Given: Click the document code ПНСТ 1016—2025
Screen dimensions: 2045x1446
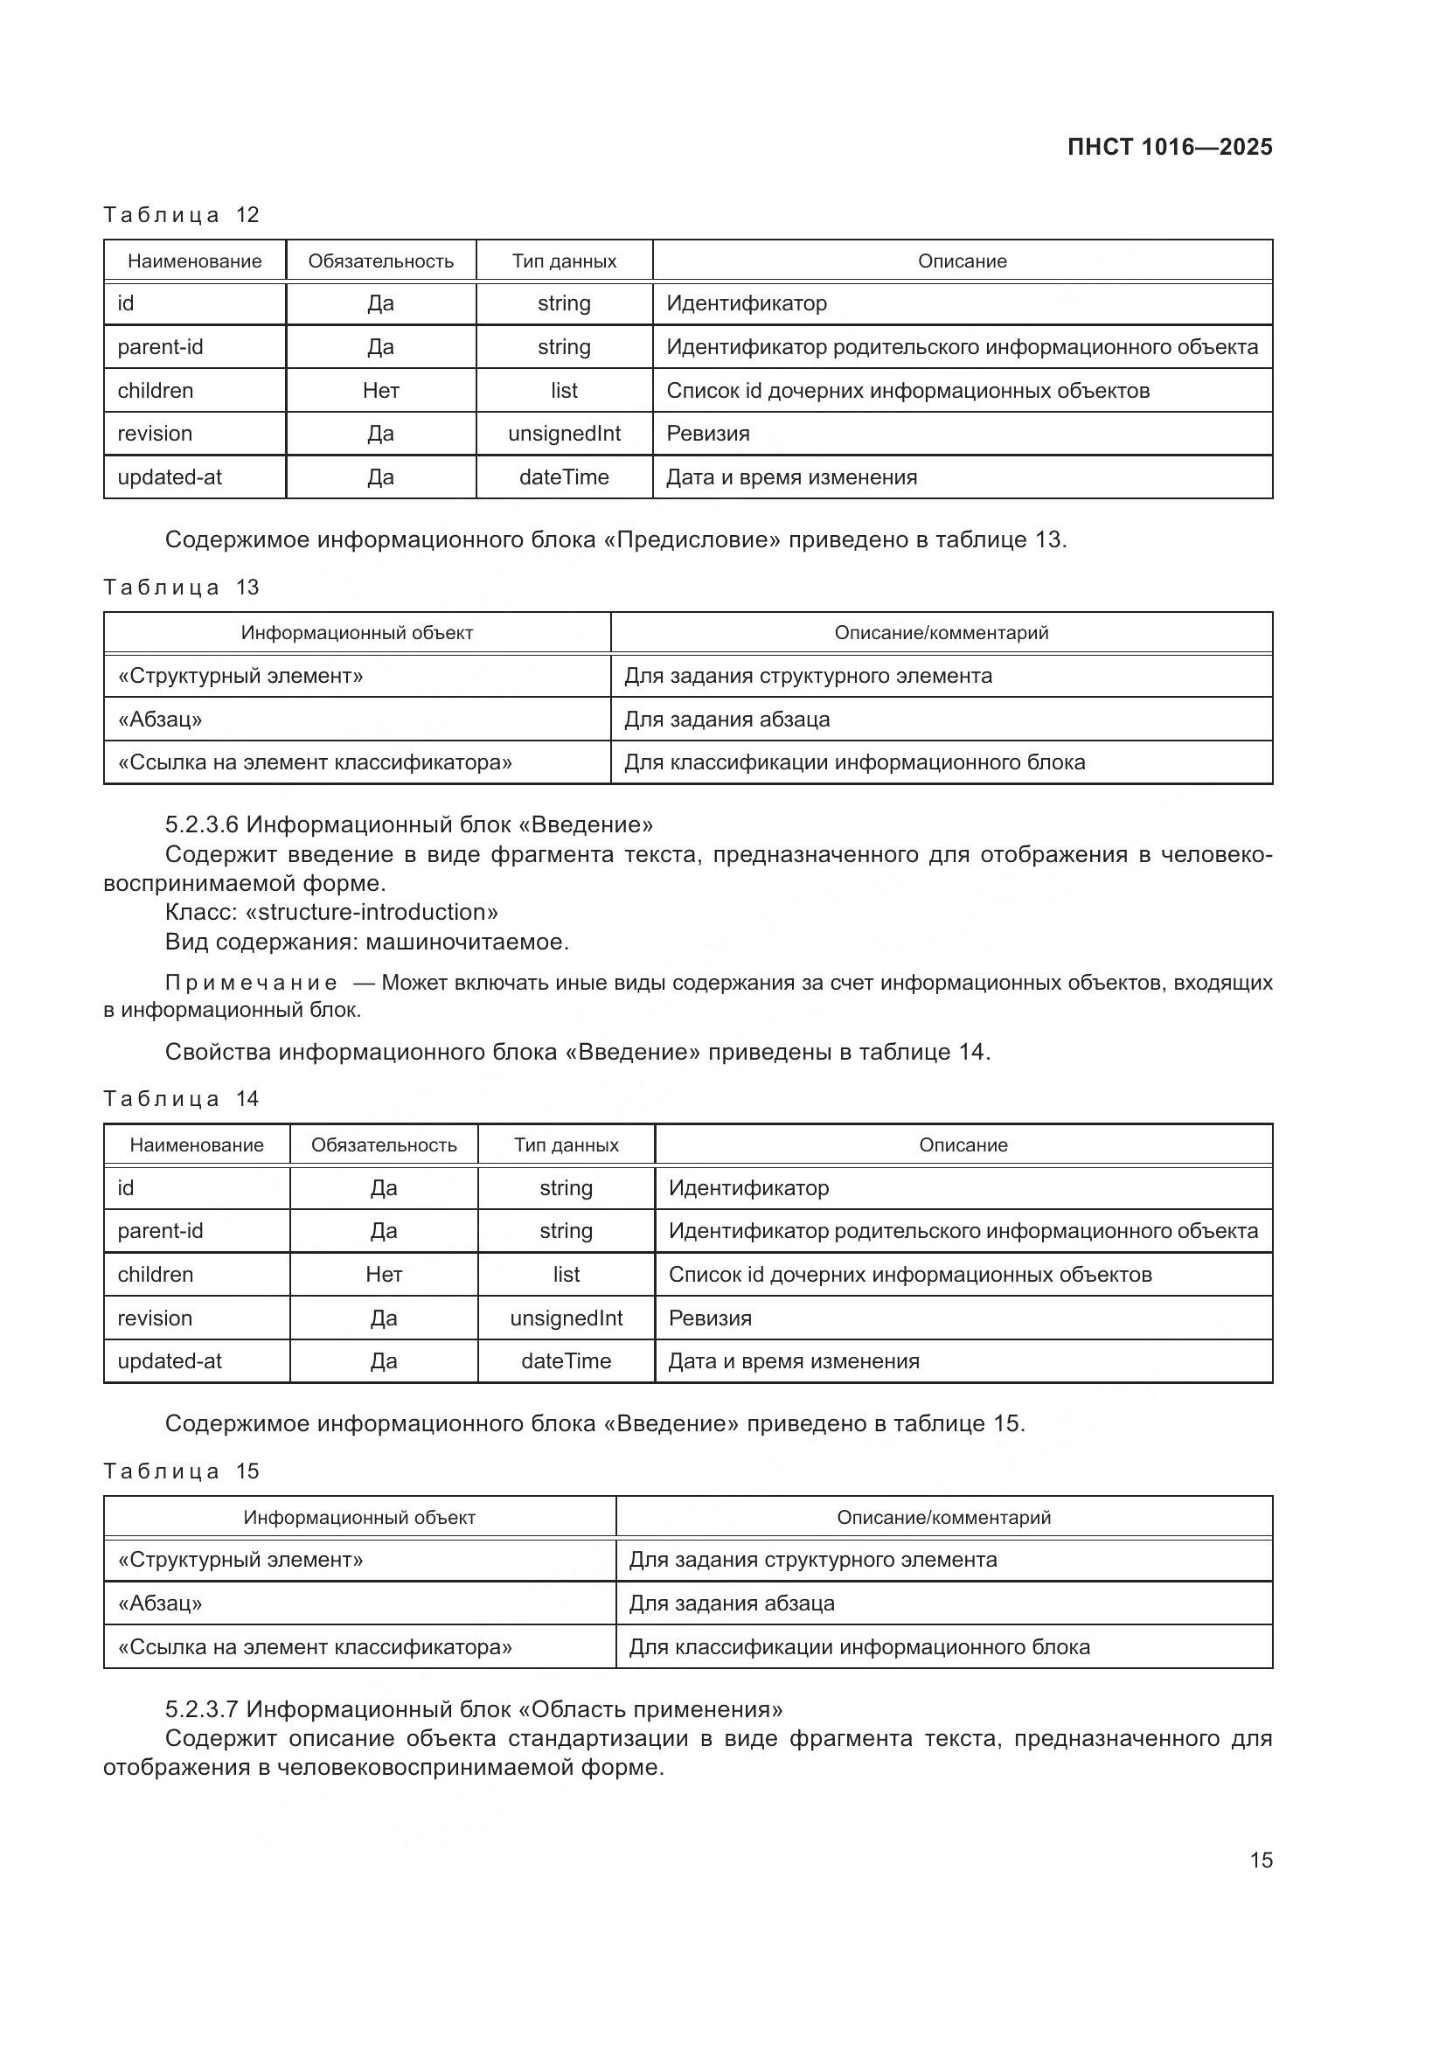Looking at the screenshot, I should [1169, 147].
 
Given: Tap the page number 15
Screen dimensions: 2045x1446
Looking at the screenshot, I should [1261, 1860].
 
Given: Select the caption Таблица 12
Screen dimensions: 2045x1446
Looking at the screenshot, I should [181, 215].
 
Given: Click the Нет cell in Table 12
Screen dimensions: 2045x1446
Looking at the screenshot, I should [381, 390].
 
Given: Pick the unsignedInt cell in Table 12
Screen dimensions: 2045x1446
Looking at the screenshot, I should [564, 434].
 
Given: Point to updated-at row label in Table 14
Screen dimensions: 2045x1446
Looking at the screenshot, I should [170, 1361].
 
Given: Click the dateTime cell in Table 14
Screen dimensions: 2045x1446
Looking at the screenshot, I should [567, 1361].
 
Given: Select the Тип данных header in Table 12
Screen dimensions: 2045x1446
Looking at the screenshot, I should [564, 261].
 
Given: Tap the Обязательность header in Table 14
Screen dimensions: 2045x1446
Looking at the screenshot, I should [384, 1145].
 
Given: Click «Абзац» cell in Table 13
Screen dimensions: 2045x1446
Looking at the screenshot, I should [160, 719].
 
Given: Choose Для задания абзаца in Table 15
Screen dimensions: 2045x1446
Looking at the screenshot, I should [732, 1603].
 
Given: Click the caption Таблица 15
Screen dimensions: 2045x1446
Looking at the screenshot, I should [181, 1471].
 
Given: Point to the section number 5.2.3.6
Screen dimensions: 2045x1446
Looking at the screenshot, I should [202, 824].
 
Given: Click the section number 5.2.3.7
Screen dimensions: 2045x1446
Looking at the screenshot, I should [202, 1709].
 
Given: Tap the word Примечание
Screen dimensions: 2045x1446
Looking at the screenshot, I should [251, 984].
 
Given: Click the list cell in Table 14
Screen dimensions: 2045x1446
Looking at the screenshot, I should [567, 1275].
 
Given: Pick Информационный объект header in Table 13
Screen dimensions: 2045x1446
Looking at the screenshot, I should [357, 633].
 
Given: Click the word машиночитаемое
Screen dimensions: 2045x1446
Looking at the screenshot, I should [467, 942].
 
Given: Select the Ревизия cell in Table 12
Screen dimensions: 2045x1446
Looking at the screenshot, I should [709, 434].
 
